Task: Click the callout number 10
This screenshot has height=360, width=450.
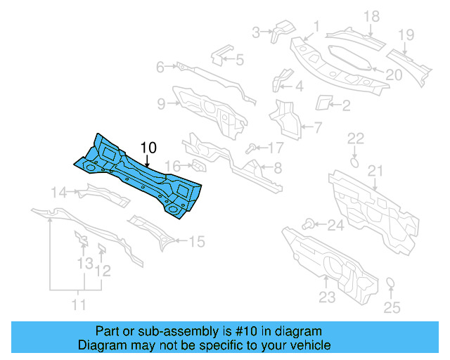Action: pyautogui.click(x=148, y=148)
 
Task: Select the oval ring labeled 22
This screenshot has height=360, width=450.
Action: pyautogui.click(x=356, y=161)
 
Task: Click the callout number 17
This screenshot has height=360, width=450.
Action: pyautogui.click(x=275, y=148)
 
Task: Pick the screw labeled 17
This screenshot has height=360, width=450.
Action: pyautogui.click(x=251, y=148)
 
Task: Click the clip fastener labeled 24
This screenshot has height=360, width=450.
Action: pyautogui.click(x=308, y=224)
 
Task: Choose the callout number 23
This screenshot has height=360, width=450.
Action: pyautogui.click(x=327, y=297)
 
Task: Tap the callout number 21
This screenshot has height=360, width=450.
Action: pyautogui.click(x=376, y=171)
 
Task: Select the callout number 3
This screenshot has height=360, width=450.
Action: pyautogui.click(x=256, y=31)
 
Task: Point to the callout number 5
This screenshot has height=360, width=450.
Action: pyautogui.click(x=239, y=60)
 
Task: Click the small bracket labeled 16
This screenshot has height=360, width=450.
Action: pyautogui.click(x=200, y=167)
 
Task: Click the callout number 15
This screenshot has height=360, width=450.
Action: pyautogui.click(x=197, y=242)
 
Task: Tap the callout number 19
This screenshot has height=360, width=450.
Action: pyautogui.click(x=406, y=35)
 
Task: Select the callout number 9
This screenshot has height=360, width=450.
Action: pyautogui.click(x=161, y=104)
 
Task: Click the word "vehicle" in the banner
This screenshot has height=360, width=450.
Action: pyautogui.click(x=307, y=346)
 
